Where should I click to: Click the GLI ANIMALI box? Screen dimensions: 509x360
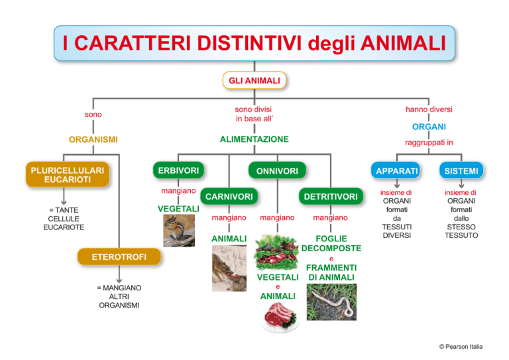click(x=254, y=80)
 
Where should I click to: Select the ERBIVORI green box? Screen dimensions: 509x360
click(x=178, y=170)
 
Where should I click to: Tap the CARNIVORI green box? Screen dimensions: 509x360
click(x=229, y=196)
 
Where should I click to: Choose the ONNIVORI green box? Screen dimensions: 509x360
click(x=277, y=170)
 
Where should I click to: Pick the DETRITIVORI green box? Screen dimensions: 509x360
click(x=331, y=196)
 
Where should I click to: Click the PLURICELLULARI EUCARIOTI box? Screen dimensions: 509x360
click(x=68, y=174)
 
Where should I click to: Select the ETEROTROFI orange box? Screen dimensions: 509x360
click(x=119, y=257)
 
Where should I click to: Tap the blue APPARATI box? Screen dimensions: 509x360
click(x=396, y=170)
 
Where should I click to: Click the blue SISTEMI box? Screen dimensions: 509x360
click(x=461, y=170)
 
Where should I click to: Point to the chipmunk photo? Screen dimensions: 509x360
click(x=179, y=231)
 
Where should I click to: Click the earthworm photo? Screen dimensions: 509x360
click(x=331, y=302)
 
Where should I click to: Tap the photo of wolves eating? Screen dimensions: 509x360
click(x=229, y=268)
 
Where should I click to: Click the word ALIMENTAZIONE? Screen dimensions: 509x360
click(x=254, y=139)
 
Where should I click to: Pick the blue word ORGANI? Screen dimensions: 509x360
click(x=429, y=127)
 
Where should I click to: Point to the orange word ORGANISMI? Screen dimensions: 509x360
click(x=93, y=140)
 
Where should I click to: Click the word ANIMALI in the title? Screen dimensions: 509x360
click(x=403, y=43)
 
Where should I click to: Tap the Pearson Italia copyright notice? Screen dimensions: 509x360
click(x=461, y=347)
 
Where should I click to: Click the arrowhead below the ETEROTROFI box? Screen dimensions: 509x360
click(x=119, y=280)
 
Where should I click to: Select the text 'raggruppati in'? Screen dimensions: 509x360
click(x=429, y=143)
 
